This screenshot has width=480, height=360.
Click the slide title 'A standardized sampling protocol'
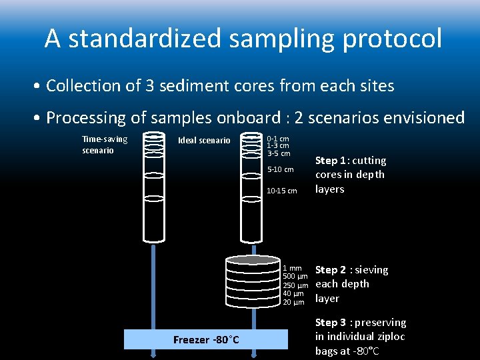click(x=243, y=39)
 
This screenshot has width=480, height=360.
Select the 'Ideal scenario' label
click(x=204, y=140)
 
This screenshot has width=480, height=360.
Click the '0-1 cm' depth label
click(x=278, y=139)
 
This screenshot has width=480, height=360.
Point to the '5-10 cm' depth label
click(x=280, y=169)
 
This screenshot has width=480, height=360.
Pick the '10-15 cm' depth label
click(x=282, y=191)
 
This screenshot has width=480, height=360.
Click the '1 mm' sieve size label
click(x=293, y=269)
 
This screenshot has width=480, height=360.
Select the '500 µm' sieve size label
click(x=295, y=277)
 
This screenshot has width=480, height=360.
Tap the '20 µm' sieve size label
click(x=293, y=302)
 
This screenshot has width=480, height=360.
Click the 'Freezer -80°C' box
click(x=206, y=340)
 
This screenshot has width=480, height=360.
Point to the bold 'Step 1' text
click(x=331, y=161)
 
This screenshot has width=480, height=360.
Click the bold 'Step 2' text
click(x=331, y=270)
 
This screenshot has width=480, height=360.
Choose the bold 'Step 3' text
click(x=331, y=323)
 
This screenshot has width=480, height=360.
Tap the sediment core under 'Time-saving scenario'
click(x=154, y=187)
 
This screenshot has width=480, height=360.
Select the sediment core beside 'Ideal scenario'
click(x=251, y=187)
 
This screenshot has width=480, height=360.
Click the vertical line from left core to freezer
click(x=154, y=287)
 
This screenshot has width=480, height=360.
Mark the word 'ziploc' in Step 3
click(x=391, y=337)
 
